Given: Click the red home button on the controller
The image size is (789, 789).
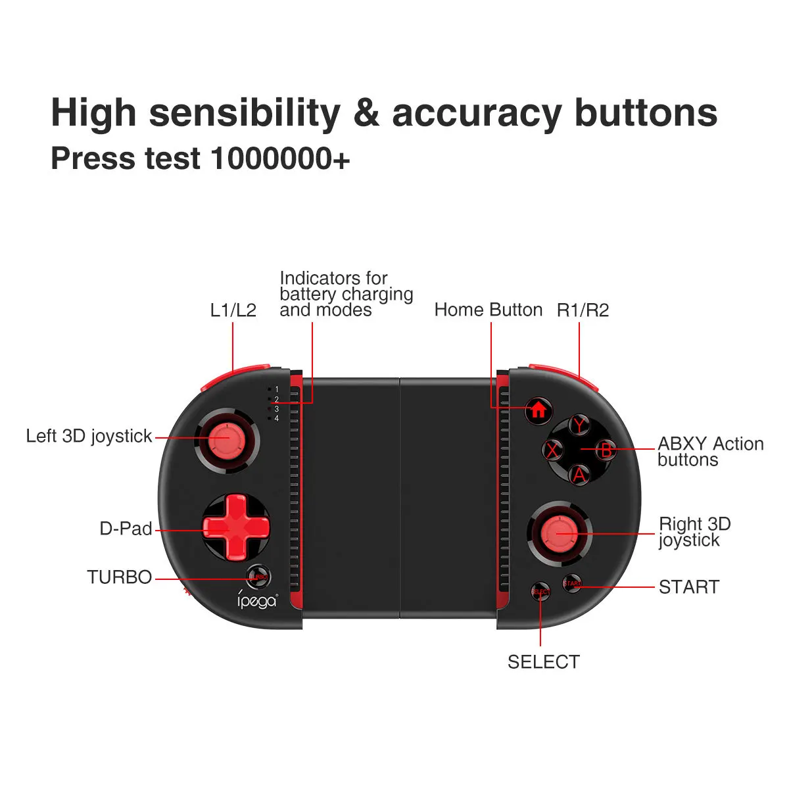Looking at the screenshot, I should (x=538, y=410).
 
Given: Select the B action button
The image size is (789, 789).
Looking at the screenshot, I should (x=606, y=450).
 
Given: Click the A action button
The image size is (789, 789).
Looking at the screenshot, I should (x=579, y=474).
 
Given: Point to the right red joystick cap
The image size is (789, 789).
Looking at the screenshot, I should (x=558, y=533).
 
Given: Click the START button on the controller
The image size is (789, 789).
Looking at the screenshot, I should (x=572, y=583).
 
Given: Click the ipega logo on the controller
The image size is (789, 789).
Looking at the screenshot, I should (x=257, y=600).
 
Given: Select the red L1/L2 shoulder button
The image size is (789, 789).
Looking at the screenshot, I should (x=233, y=374).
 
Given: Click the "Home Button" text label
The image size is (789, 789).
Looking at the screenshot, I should (x=488, y=310).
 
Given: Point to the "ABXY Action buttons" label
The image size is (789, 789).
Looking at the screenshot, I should (x=710, y=452).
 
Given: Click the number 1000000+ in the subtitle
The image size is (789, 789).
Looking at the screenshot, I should (x=281, y=158).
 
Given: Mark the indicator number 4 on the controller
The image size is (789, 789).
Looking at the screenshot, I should (x=276, y=419).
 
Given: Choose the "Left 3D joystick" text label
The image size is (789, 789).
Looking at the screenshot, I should (x=89, y=436).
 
